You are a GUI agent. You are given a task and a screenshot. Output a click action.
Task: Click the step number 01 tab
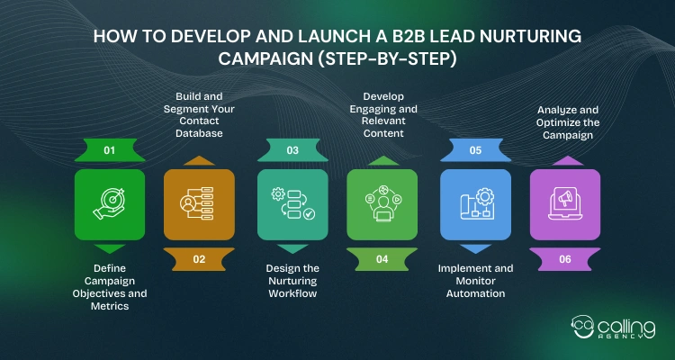(x=109, y=150)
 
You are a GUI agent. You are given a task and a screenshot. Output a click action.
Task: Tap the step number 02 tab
(x=199, y=259)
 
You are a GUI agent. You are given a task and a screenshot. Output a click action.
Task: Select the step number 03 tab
(x=292, y=150)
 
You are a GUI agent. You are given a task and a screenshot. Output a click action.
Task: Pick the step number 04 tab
(x=382, y=259)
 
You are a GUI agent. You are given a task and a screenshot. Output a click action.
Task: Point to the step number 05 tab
(x=475, y=150)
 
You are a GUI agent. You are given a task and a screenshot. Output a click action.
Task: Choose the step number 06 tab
(x=564, y=259)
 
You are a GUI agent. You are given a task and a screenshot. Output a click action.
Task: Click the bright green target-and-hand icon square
(x=109, y=204)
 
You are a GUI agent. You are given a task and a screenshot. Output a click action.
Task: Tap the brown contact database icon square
(x=199, y=204)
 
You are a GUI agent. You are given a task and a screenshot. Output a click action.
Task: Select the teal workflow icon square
(x=292, y=204)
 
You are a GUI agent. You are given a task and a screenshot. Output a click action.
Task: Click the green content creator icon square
(x=382, y=204)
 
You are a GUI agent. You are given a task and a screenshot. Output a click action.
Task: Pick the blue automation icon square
(x=475, y=204)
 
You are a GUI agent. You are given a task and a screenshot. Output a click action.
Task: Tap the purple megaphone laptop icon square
(x=564, y=204)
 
